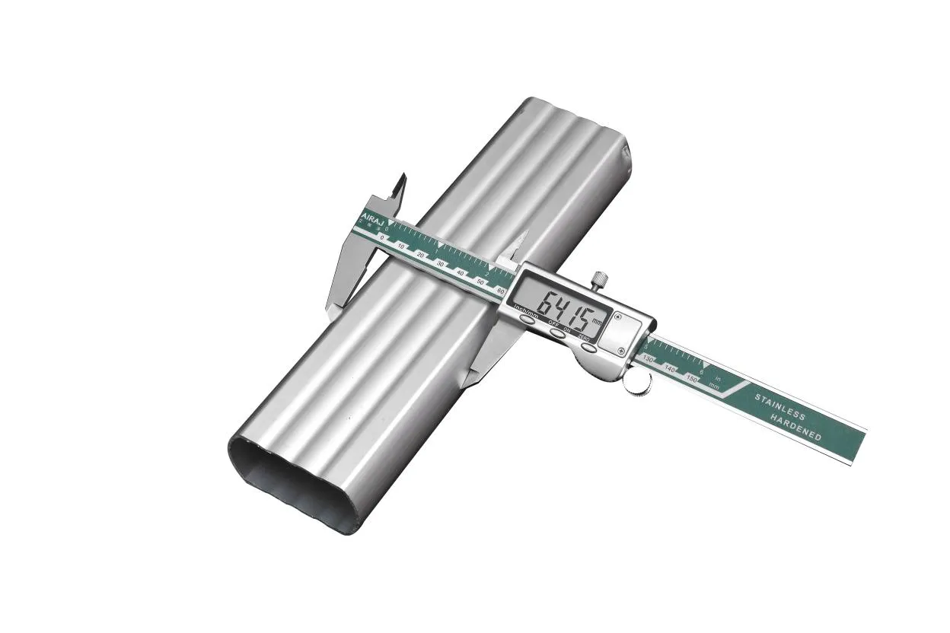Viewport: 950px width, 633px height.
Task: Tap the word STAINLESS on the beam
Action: [x=779, y=407]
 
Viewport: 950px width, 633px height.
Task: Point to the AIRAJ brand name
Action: [x=374, y=220]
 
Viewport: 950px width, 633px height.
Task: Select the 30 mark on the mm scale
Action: [x=440, y=262]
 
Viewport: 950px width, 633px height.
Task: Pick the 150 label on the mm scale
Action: [x=692, y=378]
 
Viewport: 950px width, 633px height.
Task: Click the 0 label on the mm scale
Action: [x=382, y=238]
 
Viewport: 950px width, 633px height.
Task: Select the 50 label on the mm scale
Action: [x=480, y=282]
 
